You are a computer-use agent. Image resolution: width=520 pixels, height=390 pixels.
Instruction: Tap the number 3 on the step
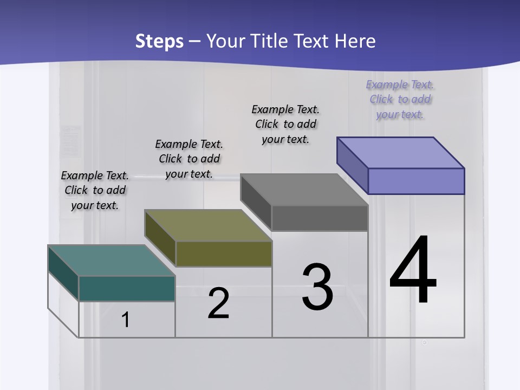317,287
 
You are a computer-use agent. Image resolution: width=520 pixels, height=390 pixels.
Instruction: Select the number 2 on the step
218,303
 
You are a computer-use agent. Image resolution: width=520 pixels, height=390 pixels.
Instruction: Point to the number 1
125,320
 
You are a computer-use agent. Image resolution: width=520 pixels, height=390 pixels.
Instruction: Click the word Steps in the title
159,41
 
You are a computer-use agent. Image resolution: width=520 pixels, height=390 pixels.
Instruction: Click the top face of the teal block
112,261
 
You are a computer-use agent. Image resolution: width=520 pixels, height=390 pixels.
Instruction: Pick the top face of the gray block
304,190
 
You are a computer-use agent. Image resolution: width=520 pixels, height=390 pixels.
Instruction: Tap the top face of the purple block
400,153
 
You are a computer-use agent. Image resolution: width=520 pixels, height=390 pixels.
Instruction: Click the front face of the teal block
127,288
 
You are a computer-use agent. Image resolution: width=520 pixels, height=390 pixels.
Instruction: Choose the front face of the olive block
224,253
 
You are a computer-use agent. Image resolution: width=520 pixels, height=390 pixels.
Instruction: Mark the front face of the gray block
320,218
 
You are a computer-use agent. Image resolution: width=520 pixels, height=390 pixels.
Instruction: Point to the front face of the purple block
416,181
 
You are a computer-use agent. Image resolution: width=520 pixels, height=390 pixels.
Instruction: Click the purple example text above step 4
400,100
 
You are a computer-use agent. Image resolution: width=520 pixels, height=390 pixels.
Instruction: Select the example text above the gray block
285,124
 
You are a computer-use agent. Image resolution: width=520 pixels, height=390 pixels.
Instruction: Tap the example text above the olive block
189,159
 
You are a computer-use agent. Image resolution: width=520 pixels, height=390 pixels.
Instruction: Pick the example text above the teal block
95,190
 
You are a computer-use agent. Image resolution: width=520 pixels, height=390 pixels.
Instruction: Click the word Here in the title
356,41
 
